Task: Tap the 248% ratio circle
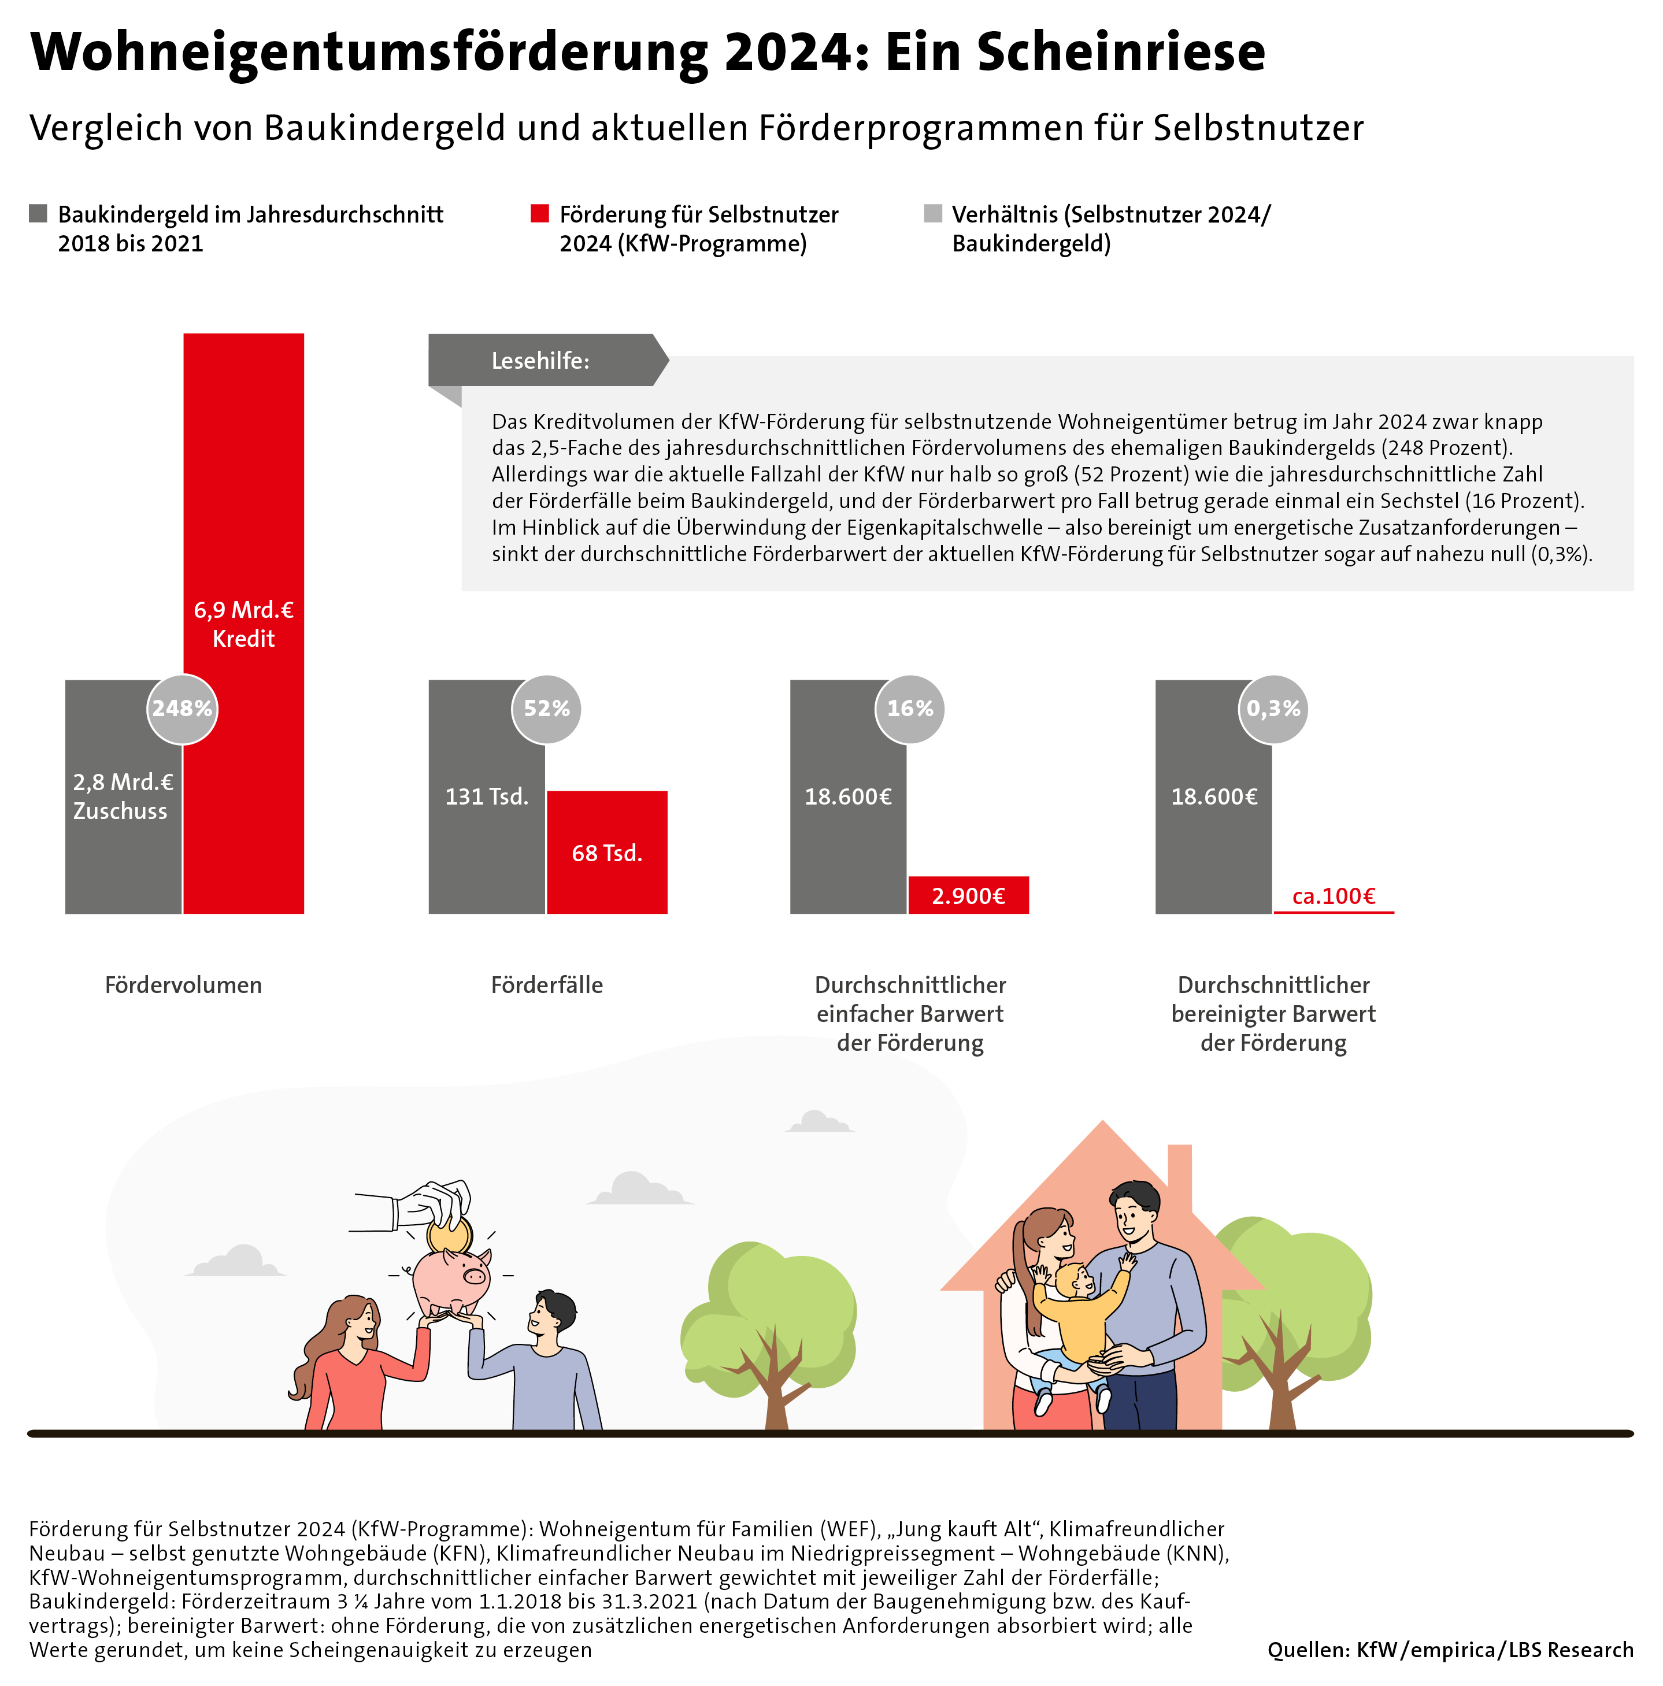[182, 709]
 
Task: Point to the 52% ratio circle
[546, 709]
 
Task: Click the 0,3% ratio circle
[1273, 709]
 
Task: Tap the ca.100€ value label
[1333, 896]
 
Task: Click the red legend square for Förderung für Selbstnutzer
[540, 214]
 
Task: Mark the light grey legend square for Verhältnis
[933, 214]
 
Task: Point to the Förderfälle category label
[547, 985]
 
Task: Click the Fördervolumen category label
[183, 985]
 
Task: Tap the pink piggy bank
[451, 1279]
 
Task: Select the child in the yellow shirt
[1075, 1309]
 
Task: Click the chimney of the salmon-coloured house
[1179, 1174]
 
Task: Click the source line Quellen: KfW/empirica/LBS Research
[1450, 1650]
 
